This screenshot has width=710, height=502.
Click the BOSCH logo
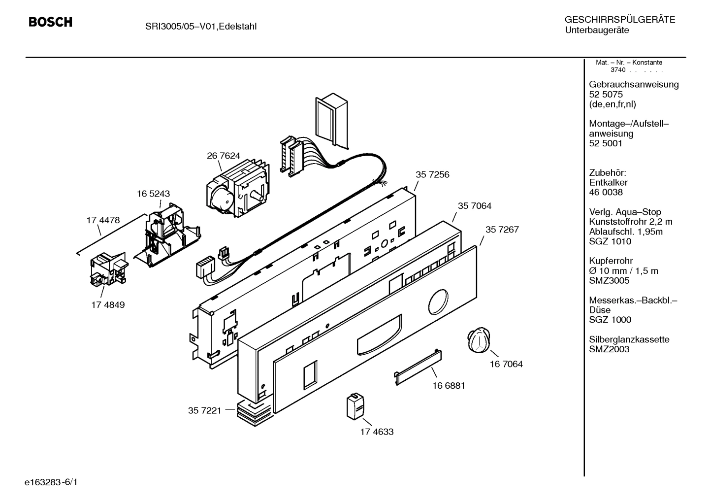click(x=50, y=23)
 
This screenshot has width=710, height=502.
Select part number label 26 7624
click(x=223, y=156)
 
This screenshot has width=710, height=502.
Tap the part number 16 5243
click(x=153, y=194)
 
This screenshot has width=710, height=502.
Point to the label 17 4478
click(x=103, y=220)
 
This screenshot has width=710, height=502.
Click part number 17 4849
click(x=108, y=305)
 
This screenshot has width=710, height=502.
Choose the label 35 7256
click(x=432, y=174)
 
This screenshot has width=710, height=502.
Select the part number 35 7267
click(x=502, y=230)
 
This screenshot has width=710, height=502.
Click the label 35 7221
click(x=204, y=410)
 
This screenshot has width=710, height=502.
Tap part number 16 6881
click(x=449, y=385)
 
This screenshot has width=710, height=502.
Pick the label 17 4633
click(x=377, y=432)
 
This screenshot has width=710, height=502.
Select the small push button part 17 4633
click(x=355, y=406)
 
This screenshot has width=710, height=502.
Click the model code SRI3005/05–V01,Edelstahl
click(x=200, y=26)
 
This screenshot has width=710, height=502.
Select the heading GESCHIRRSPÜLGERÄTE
click(x=619, y=20)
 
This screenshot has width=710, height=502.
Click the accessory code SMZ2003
click(x=609, y=349)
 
